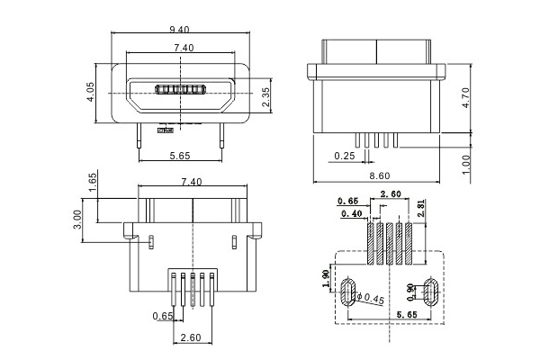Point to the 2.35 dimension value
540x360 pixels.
(265, 96)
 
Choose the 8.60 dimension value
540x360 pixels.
(381, 176)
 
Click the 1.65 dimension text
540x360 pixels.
(93, 183)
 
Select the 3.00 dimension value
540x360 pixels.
(78, 220)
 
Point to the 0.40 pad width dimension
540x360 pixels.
(352, 213)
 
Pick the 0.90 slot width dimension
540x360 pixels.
(412, 290)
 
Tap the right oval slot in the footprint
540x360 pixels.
(431, 289)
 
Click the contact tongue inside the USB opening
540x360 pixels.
(183, 89)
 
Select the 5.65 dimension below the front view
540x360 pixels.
(180, 156)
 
